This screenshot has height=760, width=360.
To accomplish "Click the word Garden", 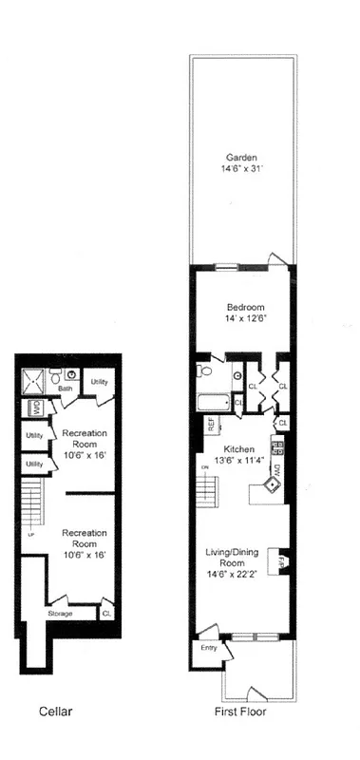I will (241, 158).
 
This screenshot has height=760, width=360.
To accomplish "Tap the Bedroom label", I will (245, 307).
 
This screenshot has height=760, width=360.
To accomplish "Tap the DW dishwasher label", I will (276, 468).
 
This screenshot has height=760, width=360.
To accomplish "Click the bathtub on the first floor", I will (213, 402).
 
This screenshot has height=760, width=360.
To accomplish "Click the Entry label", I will (207, 649).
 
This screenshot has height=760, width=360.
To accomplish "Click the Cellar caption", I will (56, 710).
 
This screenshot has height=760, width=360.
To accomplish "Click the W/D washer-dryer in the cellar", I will (34, 409).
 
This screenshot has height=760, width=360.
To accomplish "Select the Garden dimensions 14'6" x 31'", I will (241, 171).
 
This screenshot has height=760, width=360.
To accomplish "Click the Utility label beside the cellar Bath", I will (99, 381).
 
